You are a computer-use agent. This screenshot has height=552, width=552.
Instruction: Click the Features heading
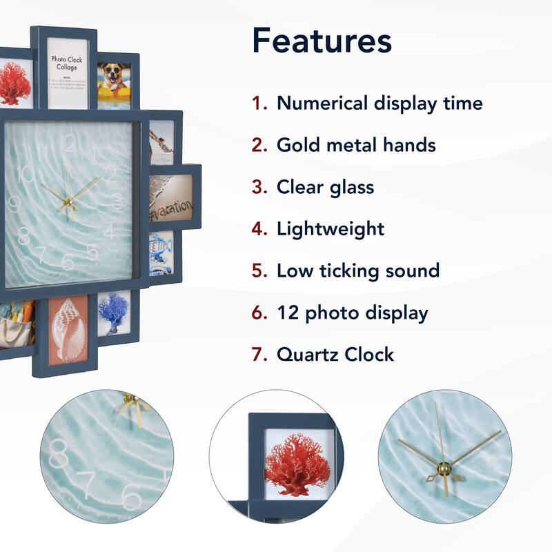click(322, 41)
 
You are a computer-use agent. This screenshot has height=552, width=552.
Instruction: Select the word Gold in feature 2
click(299, 145)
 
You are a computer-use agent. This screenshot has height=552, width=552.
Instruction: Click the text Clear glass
click(325, 187)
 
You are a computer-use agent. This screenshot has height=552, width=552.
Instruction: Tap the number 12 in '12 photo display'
click(288, 313)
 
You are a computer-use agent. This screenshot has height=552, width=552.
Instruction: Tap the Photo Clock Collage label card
click(67, 72)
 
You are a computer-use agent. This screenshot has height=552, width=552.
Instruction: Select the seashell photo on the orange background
click(68, 331)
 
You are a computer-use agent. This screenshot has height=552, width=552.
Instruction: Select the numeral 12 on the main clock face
click(69, 143)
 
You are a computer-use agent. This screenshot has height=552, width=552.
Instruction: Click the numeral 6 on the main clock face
click(67, 262)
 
